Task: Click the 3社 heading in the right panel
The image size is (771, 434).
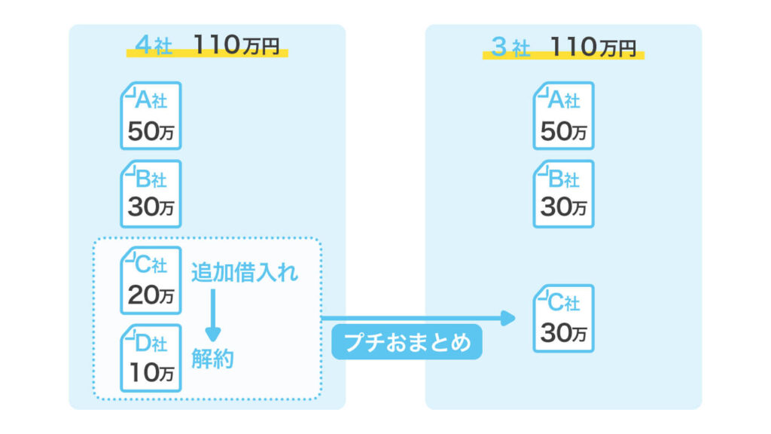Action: pos(510,47)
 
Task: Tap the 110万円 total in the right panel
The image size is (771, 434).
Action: pos(593,47)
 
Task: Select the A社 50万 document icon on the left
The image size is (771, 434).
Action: pos(151,115)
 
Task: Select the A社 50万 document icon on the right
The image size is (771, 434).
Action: pos(563,115)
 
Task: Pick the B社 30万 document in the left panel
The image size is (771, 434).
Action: pos(151,193)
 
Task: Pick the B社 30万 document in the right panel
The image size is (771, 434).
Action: pos(563,193)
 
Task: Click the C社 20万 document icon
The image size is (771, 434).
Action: pos(151,280)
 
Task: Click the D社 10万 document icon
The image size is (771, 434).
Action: pos(151,357)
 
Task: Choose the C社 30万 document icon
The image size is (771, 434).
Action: pos(563,318)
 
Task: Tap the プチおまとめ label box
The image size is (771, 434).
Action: pos(406,344)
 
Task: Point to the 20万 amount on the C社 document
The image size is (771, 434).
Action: pos(151,295)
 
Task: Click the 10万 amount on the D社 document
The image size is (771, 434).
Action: pos(151,373)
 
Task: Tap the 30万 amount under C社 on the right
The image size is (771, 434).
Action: pos(563,333)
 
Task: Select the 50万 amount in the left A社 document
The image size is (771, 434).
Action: pos(151,132)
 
